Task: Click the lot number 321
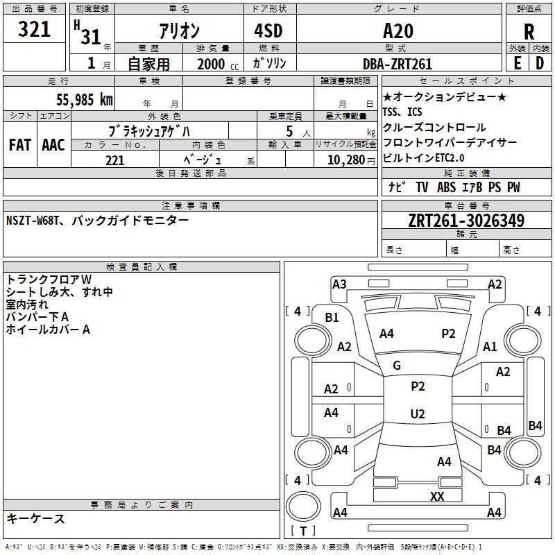[35, 29]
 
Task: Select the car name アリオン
[179, 31]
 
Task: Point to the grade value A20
[398, 31]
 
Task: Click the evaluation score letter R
[529, 31]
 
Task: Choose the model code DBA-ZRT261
[398, 64]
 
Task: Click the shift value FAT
[19, 145]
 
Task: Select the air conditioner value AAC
[53, 145]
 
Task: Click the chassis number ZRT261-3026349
[466, 221]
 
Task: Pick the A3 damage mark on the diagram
[339, 284]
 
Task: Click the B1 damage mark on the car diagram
[332, 317]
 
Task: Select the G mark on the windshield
[397, 366]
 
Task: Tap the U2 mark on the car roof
[417, 414]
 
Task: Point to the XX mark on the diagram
[437, 496]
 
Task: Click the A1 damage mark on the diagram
[490, 347]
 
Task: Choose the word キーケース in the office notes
[36, 519]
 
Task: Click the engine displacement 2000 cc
[212, 64]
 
